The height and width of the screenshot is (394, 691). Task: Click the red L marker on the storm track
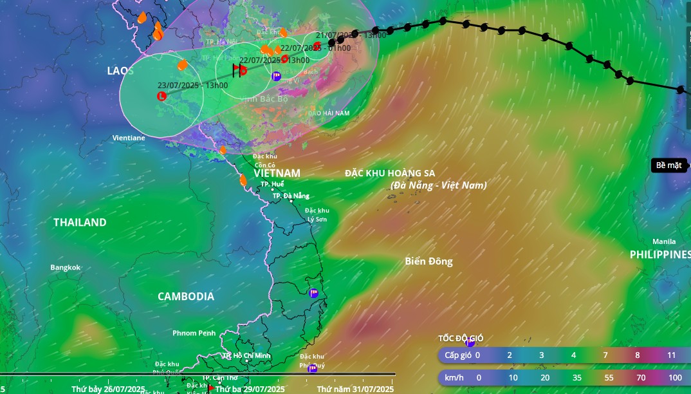pyautogui.click(x=161, y=97)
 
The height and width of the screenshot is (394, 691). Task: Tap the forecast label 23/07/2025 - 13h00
pyautogui.click(x=192, y=85)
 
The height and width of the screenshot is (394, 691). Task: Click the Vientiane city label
pyautogui.click(x=129, y=138)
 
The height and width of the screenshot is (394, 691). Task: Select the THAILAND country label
pyautogui.click(x=80, y=222)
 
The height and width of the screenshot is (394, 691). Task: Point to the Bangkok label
pyautogui.click(x=66, y=267)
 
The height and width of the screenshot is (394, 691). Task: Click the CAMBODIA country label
pyautogui.click(x=186, y=296)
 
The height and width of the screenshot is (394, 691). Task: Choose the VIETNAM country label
pyautogui.click(x=277, y=173)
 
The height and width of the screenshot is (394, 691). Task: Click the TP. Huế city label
pyautogui.click(x=272, y=184)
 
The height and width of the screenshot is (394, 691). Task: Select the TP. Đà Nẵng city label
pyautogui.click(x=291, y=196)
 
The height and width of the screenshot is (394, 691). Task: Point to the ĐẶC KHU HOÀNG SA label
pyautogui.click(x=390, y=173)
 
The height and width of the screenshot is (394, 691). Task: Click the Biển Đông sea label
pyautogui.click(x=428, y=261)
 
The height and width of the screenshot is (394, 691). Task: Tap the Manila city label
pyautogui.click(x=664, y=241)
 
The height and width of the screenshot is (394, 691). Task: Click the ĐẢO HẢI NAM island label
pyautogui.click(x=328, y=113)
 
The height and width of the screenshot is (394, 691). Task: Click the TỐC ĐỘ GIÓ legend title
pyautogui.click(x=461, y=338)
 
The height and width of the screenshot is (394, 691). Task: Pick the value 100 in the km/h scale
pyautogui.click(x=675, y=377)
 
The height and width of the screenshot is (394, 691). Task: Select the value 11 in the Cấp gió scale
pyautogui.click(x=671, y=355)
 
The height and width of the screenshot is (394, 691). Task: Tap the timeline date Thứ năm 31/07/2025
pyautogui.click(x=355, y=389)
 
